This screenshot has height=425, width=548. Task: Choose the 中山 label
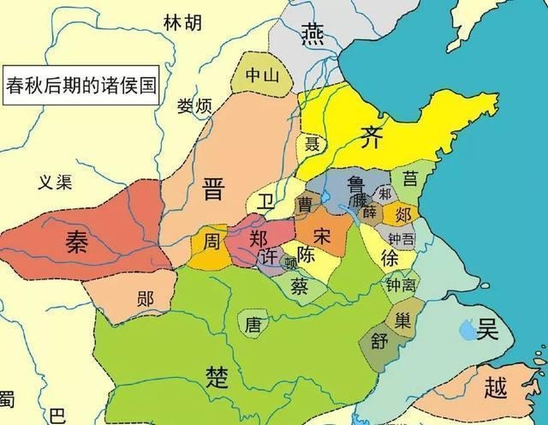click(x=262, y=75)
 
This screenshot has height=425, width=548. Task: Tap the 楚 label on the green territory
click(x=217, y=375)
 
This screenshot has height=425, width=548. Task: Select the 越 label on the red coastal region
click(x=496, y=387)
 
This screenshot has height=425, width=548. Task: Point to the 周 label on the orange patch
click(x=211, y=242)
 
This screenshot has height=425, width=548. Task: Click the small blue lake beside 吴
click(x=468, y=326)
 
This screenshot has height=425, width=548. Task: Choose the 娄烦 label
click(x=194, y=106)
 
